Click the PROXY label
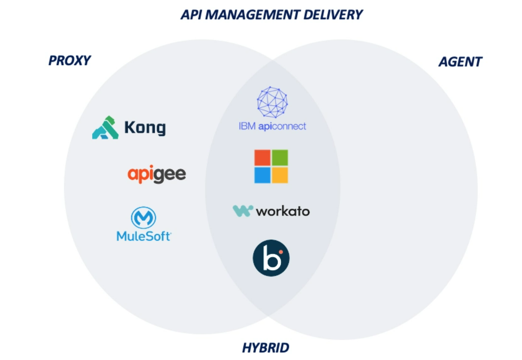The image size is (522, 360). point(70,60)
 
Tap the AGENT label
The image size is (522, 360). point(460,61)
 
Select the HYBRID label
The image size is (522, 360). point(266,348)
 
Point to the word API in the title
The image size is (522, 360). point(191,14)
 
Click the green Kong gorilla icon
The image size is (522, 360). point(105,128)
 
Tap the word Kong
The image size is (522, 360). point(145,128)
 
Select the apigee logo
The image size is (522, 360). point(156,174)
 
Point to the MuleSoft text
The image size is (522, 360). point(144,236)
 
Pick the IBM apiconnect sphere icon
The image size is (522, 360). point(272,102)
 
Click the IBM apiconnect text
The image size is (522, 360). point(272,126)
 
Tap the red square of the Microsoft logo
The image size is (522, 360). point(262,158)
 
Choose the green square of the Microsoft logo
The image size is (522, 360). point(280,158)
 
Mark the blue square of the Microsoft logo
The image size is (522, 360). point(262,175)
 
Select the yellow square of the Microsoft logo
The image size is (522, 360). point(280,175)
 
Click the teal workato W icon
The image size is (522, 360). point(242,211)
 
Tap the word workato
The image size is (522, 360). point(283,211)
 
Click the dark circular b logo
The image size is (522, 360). point(271,258)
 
